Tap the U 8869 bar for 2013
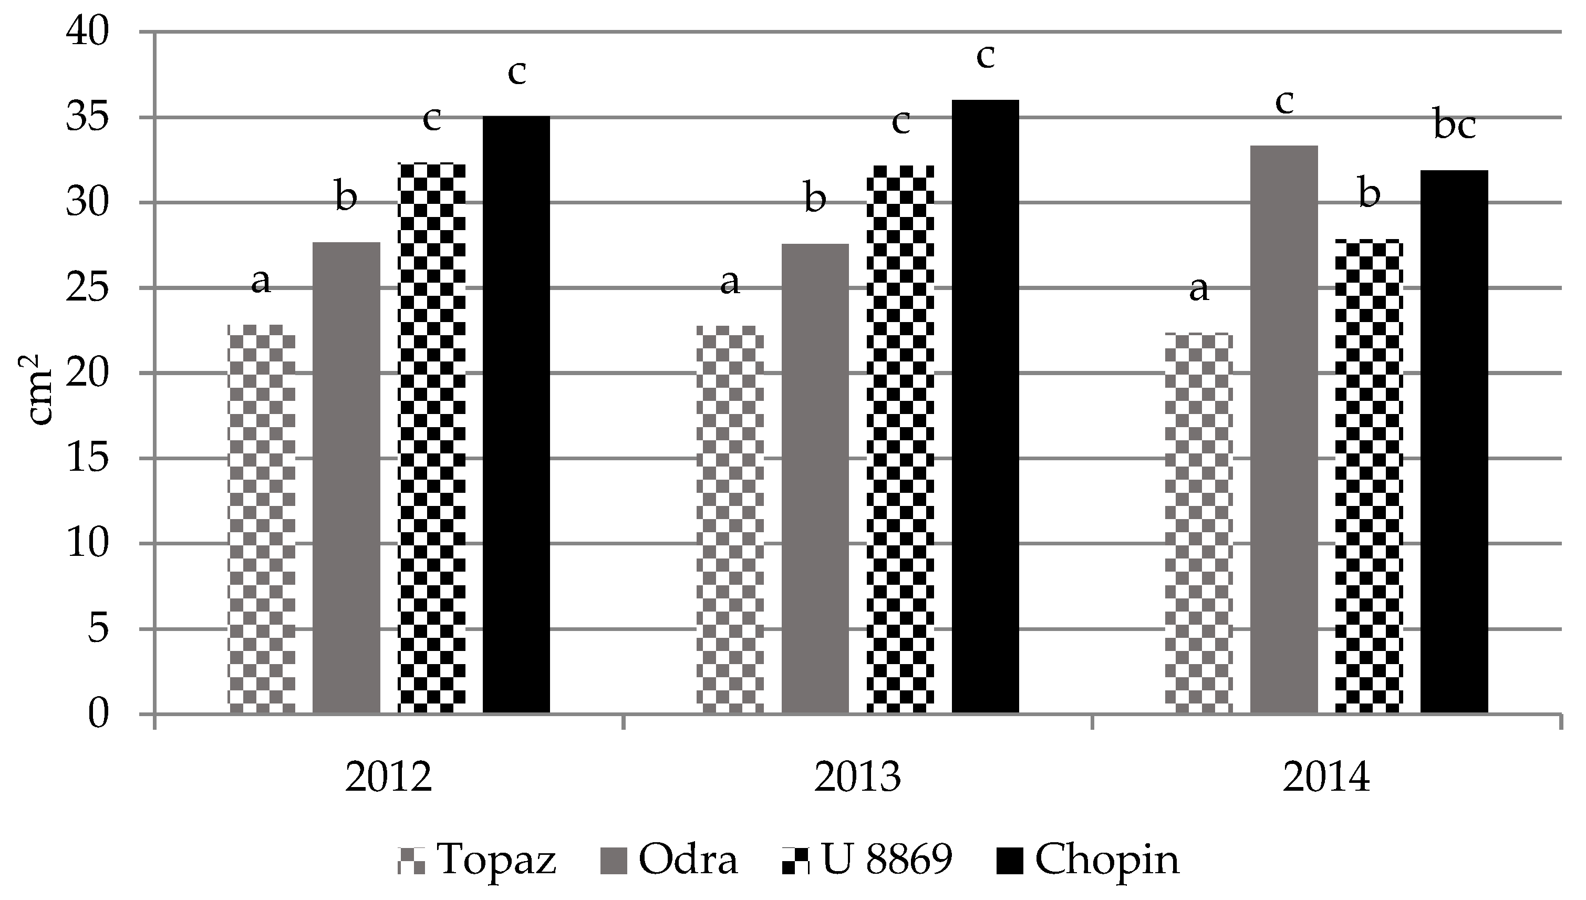pos(900,439)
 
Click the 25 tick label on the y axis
pos(86,288)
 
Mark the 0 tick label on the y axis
pos(98,715)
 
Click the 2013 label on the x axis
pos(857,778)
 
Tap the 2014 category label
pos(1326,778)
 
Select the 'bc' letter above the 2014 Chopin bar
pos(1454,127)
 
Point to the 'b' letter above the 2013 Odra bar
pos(815,199)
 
